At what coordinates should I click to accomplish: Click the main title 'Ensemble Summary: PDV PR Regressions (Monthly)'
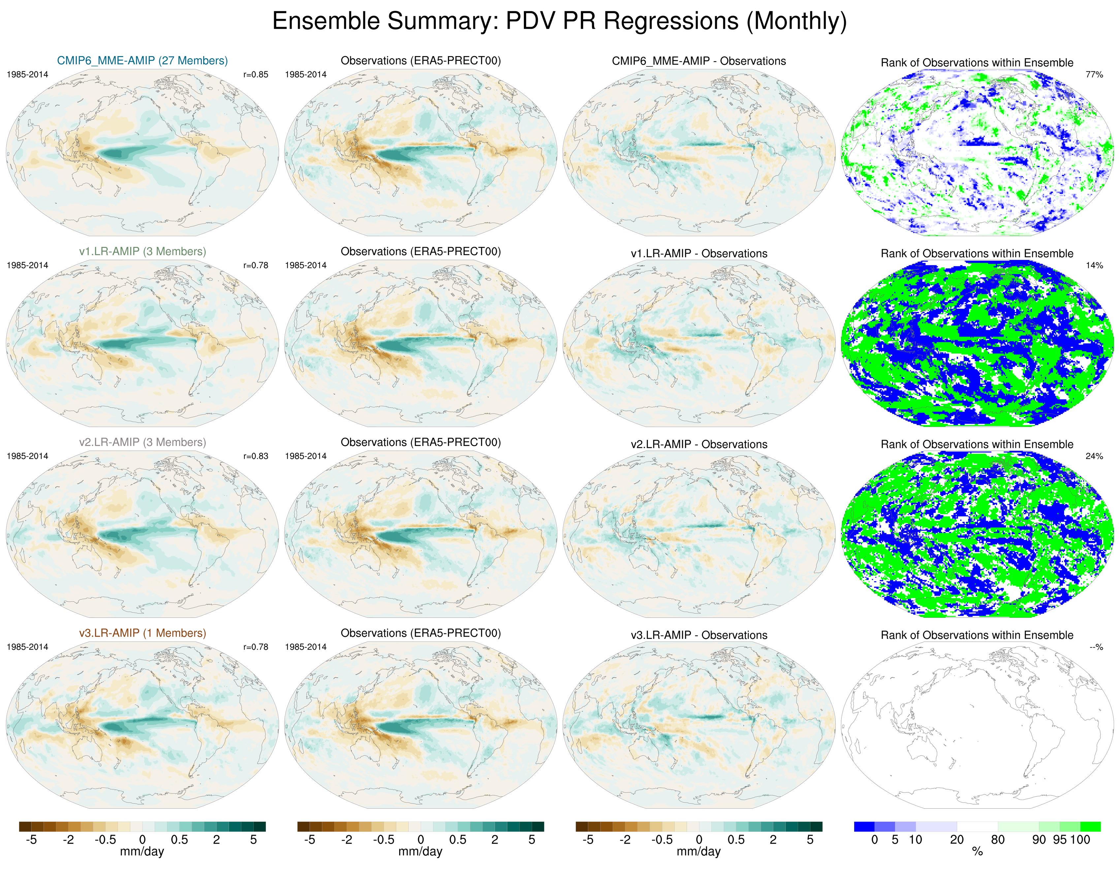click(x=559, y=21)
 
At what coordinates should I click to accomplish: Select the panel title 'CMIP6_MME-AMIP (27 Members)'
click(x=142, y=60)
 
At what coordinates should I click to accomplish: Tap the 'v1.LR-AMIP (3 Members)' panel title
click(x=142, y=251)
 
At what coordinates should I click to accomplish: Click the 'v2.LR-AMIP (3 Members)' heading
click(x=142, y=442)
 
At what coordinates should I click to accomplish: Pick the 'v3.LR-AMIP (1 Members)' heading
click(x=142, y=633)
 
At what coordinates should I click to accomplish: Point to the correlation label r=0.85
click(x=255, y=74)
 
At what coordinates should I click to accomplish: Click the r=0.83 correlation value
click(x=255, y=456)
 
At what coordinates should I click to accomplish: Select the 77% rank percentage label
click(x=1094, y=74)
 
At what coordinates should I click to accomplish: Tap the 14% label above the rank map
click(x=1094, y=265)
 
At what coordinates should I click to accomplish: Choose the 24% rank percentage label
click(x=1094, y=456)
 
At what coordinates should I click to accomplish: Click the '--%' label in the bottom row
click(x=1096, y=647)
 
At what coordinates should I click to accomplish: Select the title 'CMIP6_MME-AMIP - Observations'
click(x=698, y=61)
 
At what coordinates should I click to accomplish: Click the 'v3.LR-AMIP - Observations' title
click(x=698, y=635)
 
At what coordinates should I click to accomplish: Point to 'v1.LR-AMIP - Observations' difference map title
click(x=698, y=253)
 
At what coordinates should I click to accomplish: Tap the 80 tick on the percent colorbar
click(x=997, y=840)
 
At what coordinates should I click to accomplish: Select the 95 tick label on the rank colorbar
click(x=1060, y=840)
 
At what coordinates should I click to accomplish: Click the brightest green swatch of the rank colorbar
click(x=1090, y=826)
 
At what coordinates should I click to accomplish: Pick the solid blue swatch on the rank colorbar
click(x=864, y=826)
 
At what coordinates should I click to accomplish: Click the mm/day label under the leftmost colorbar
click(x=142, y=852)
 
